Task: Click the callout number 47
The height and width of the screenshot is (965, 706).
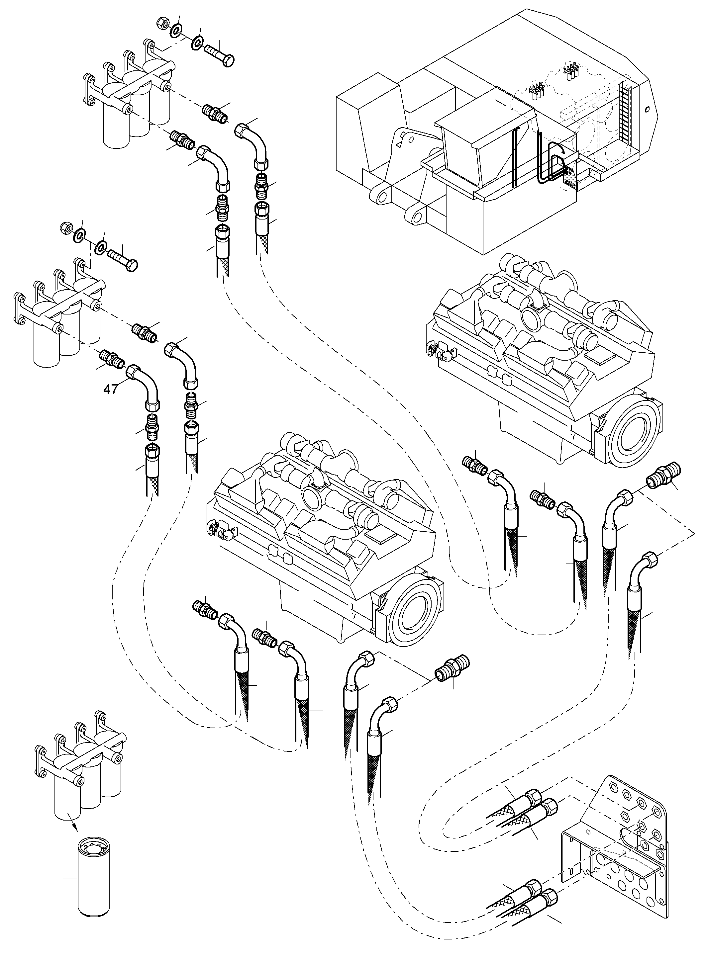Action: tap(110, 389)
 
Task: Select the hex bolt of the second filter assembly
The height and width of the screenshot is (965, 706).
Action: tap(124, 261)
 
